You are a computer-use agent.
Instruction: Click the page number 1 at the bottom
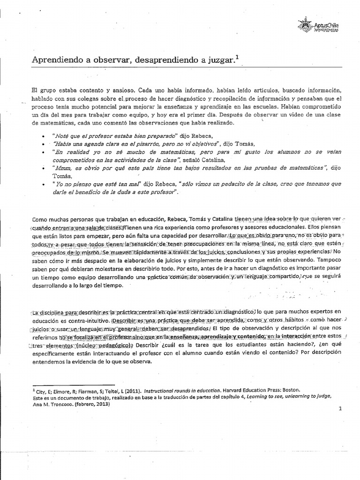[x=340, y=408]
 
